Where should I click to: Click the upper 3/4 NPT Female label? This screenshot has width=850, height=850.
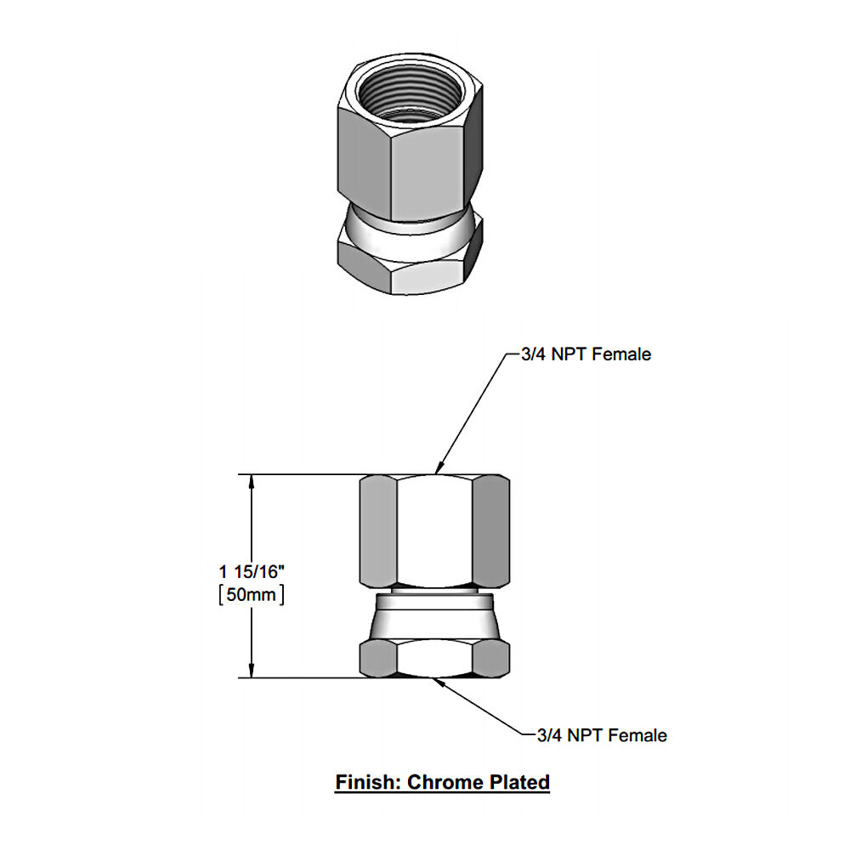(586, 354)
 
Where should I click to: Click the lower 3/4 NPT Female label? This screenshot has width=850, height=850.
(603, 734)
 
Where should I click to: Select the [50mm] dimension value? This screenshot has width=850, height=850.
(251, 594)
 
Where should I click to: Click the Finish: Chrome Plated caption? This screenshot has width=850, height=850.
(442, 781)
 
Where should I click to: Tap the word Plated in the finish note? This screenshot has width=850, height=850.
(518, 781)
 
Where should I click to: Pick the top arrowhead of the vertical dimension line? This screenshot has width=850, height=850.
(251, 481)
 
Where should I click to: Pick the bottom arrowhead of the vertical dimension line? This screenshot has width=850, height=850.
(251, 671)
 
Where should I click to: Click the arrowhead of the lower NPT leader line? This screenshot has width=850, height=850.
(434, 680)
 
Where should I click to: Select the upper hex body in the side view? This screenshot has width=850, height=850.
(434, 530)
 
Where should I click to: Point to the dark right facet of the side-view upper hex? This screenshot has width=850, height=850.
(490, 530)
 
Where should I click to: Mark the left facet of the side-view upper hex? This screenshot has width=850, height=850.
(378, 530)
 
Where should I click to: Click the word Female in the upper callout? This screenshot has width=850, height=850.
(623, 354)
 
